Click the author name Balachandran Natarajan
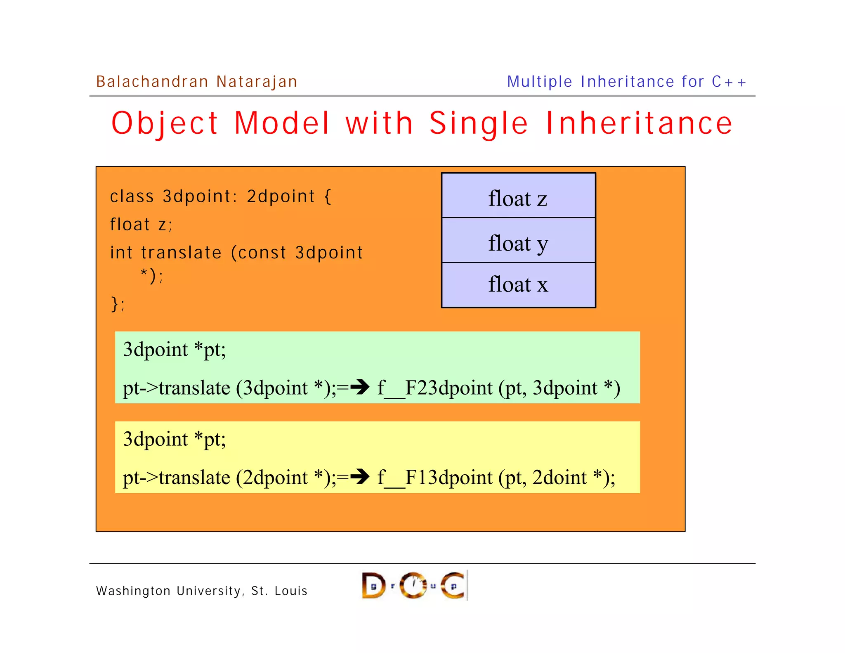click(x=196, y=82)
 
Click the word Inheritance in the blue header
click(x=627, y=82)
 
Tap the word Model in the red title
click(x=282, y=123)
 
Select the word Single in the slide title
click(x=479, y=123)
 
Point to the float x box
click(x=518, y=285)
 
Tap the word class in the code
click(x=132, y=196)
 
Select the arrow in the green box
click(x=360, y=387)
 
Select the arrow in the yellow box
click(x=360, y=477)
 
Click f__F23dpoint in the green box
click(x=435, y=388)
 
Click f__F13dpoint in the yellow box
click(x=435, y=478)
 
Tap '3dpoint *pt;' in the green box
click(x=174, y=350)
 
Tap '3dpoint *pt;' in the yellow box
click(x=174, y=439)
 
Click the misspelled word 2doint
click(x=559, y=478)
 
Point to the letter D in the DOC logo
click(x=373, y=585)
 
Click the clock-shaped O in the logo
click(x=413, y=585)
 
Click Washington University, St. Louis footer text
click(x=202, y=591)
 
